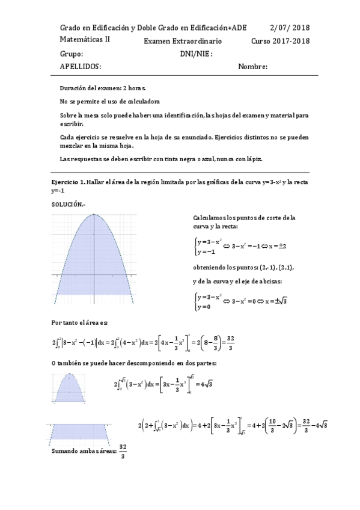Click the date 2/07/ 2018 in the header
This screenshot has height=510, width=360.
click(290, 28)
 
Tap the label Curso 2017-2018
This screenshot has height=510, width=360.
click(280, 41)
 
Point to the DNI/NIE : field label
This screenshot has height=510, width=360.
click(197, 54)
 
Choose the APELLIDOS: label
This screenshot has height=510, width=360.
click(81, 66)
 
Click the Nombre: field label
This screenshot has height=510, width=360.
click(252, 66)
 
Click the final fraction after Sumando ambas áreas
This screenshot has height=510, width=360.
click(123, 451)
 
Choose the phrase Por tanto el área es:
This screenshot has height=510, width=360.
click(79, 324)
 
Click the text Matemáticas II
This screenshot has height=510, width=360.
click(85, 39)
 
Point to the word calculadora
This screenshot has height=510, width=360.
click(144, 101)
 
